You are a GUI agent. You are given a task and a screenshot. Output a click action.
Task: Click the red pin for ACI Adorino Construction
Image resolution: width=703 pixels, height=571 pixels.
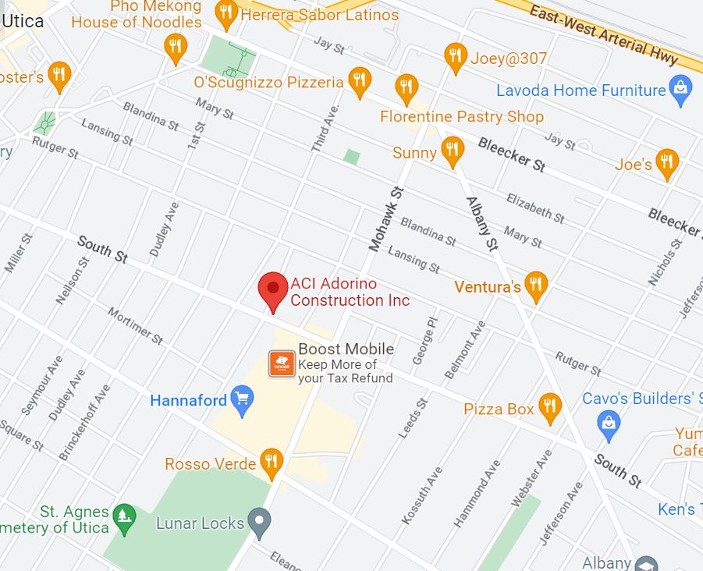(273, 289)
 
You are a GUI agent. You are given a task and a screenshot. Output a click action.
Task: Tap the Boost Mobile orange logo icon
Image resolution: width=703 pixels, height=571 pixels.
(282, 363)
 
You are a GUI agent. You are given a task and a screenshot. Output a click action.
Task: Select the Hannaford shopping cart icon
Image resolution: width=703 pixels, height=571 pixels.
(243, 401)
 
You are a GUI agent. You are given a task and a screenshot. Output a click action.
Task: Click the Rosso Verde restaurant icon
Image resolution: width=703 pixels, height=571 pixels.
(271, 461)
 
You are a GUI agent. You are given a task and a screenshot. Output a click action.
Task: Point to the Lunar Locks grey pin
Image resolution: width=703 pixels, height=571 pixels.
(259, 520)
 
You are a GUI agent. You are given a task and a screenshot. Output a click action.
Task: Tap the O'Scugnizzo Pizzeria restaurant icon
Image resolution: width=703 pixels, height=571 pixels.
(359, 80)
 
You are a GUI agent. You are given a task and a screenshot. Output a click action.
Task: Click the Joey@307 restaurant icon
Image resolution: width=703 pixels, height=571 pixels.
(456, 56)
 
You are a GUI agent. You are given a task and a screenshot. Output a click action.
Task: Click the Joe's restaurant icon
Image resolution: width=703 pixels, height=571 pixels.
(666, 161)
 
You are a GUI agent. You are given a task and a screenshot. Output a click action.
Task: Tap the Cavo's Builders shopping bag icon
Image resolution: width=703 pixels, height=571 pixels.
(608, 424)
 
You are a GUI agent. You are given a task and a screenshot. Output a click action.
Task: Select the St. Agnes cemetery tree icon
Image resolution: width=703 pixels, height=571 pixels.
(123, 515)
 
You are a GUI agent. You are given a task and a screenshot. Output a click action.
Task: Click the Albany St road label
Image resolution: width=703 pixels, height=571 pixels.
(481, 223)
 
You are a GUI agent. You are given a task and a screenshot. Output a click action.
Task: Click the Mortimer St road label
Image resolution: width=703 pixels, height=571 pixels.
(135, 326)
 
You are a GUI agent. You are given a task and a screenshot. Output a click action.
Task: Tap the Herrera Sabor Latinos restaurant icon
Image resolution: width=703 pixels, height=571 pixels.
(227, 12)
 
